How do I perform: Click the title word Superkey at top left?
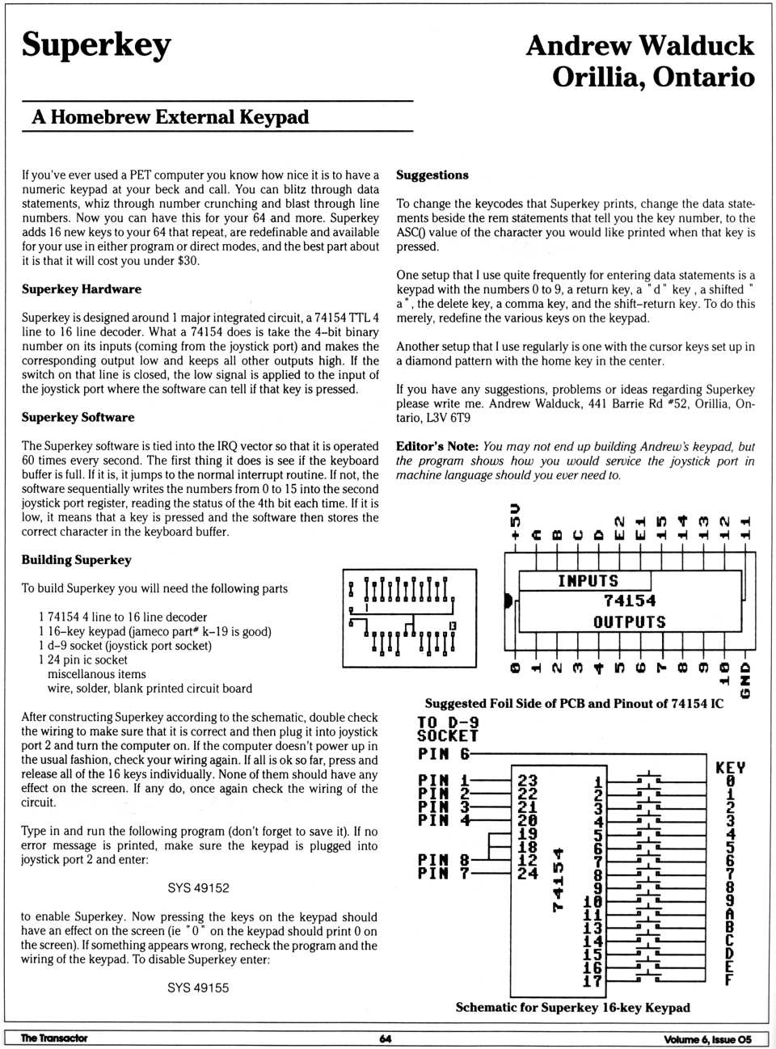[96, 45]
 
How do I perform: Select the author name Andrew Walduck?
[639, 45]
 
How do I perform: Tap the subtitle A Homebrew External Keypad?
[171, 117]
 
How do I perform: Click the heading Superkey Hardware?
[81, 289]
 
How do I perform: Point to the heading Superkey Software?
[78, 417]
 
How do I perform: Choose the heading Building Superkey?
[76, 559]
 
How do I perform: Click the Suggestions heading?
[432, 175]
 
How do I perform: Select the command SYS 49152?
[198, 887]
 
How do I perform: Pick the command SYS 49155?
[198, 987]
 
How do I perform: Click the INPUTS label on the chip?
[588, 581]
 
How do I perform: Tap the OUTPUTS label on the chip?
[630, 621]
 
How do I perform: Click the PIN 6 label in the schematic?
[443, 753]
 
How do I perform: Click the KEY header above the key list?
[730, 767]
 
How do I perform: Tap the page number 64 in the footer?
[386, 1038]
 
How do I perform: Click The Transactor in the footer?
[53, 1038]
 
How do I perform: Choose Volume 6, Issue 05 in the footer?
[707, 1039]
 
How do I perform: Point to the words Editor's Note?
[436, 446]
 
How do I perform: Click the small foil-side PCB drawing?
[409, 618]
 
